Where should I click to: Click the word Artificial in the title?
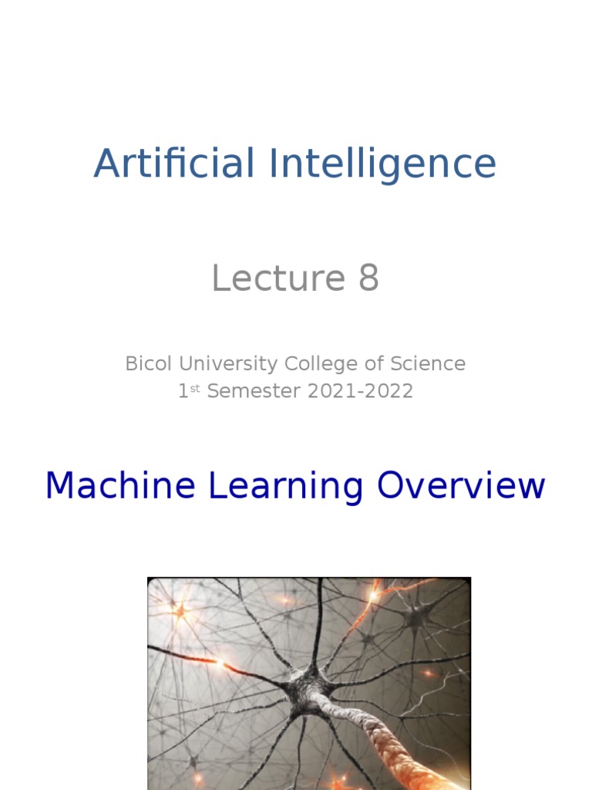tap(174, 164)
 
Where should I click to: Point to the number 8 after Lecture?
tap(368, 279)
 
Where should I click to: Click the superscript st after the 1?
tap(197, 387)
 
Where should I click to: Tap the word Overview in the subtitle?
tap(461, 486)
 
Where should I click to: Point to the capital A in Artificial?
tap(107, 164)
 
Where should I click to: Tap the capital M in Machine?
tap(62, 486)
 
